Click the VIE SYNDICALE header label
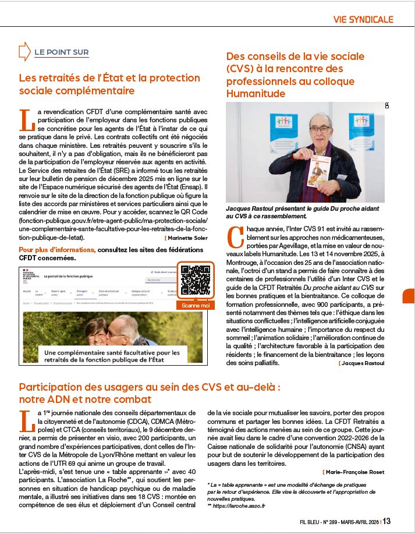(x=363, y=19)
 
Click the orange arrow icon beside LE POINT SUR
(x=24, y=52)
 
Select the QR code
(x=195, y=281)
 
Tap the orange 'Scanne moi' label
(x=195, y=305)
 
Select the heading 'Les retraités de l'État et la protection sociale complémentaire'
(x=101, y=84)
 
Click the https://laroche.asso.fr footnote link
(x=239, y=506)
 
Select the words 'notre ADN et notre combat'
(x=85, y=399)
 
